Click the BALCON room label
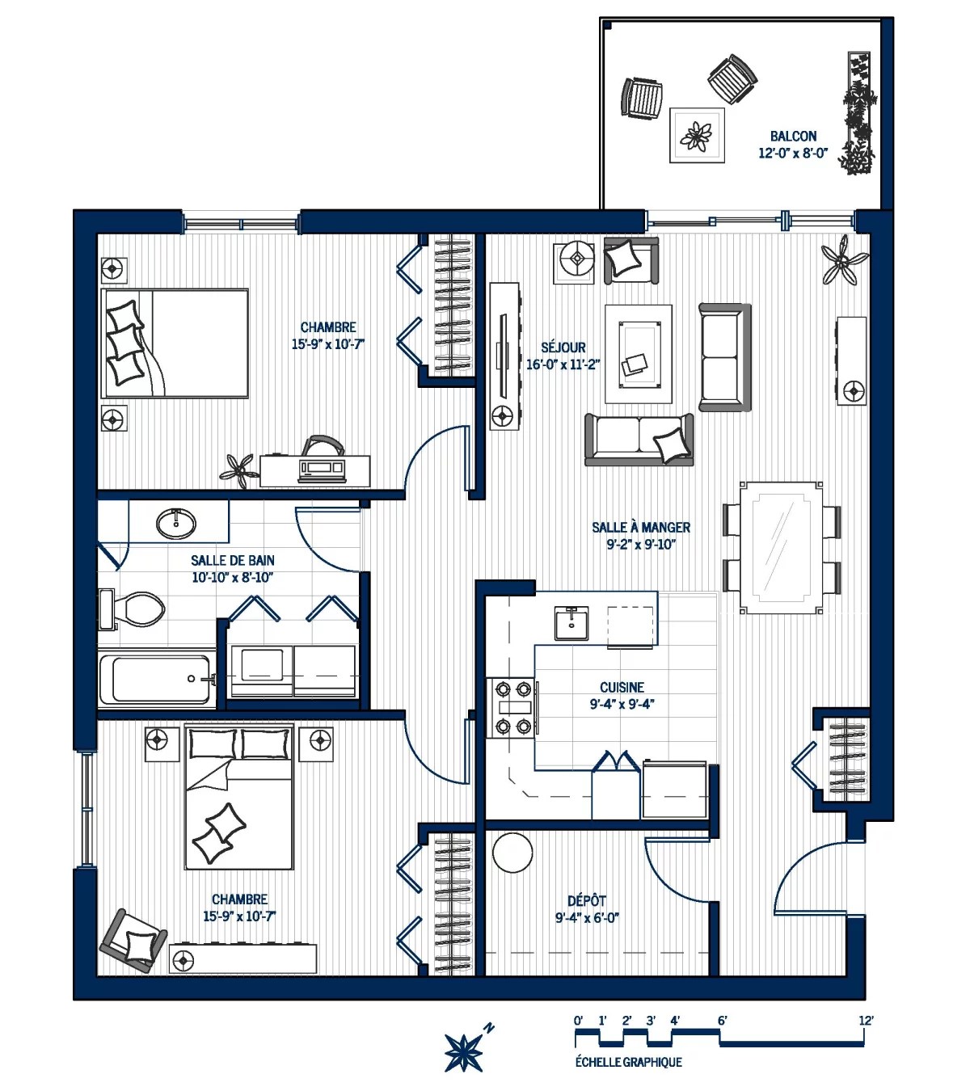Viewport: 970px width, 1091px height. coord(793,137)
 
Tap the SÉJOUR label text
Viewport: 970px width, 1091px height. coord(563,348)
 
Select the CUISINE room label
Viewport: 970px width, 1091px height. coord(622,687)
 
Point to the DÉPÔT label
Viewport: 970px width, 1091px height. coord(587,900)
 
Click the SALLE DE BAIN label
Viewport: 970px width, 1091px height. coord(233,560)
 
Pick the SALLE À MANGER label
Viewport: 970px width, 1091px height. coord(641,527)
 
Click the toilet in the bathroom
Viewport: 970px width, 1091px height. coord(132,609)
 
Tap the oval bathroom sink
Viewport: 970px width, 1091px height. coord(176,522)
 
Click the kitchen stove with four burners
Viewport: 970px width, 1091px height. coord(512,708)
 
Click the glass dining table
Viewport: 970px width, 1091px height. coord(782,547)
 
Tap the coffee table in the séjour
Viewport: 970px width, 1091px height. coord(639,354)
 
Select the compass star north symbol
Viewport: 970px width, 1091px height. coord(464,1053)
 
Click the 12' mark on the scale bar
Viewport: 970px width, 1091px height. coord(866,1021)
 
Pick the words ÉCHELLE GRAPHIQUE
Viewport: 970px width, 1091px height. coord(629,1062)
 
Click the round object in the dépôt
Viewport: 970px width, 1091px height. coord(512,853)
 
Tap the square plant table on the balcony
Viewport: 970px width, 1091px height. coord(697,135)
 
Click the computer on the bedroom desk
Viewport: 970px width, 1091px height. coord(323,467)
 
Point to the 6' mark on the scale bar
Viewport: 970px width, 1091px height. coord(723,1021)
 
